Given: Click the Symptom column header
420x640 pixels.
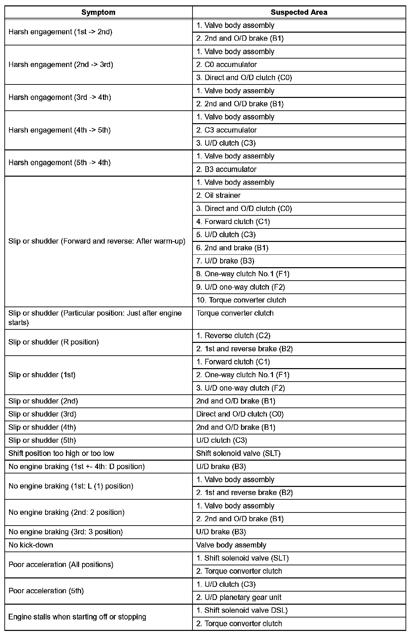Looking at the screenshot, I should (x=98, y=12).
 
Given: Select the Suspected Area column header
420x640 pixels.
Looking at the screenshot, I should (x=299, y=12).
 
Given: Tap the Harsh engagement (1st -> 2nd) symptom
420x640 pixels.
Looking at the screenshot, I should (x=60, y=32).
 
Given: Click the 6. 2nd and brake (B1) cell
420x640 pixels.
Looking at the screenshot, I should (x=232, y=248).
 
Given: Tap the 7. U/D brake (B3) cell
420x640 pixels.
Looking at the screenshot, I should (x=225, y=261).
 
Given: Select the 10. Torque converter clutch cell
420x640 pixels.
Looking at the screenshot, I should (x=241, y=300).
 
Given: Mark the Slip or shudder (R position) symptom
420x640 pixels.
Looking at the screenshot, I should (x=54, y=342).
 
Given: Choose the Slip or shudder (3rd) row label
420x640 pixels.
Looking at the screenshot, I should (x=42, y=414).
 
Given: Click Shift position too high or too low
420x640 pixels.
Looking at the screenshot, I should (x=61, y=453).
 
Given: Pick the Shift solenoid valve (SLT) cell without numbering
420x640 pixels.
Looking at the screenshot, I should (x=238, y=453).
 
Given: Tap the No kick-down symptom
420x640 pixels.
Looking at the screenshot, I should (x=31, y=545).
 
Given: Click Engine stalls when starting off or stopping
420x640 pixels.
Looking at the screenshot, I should (x=77, y=617).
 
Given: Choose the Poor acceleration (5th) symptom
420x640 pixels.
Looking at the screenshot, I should (x=46, y=591).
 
